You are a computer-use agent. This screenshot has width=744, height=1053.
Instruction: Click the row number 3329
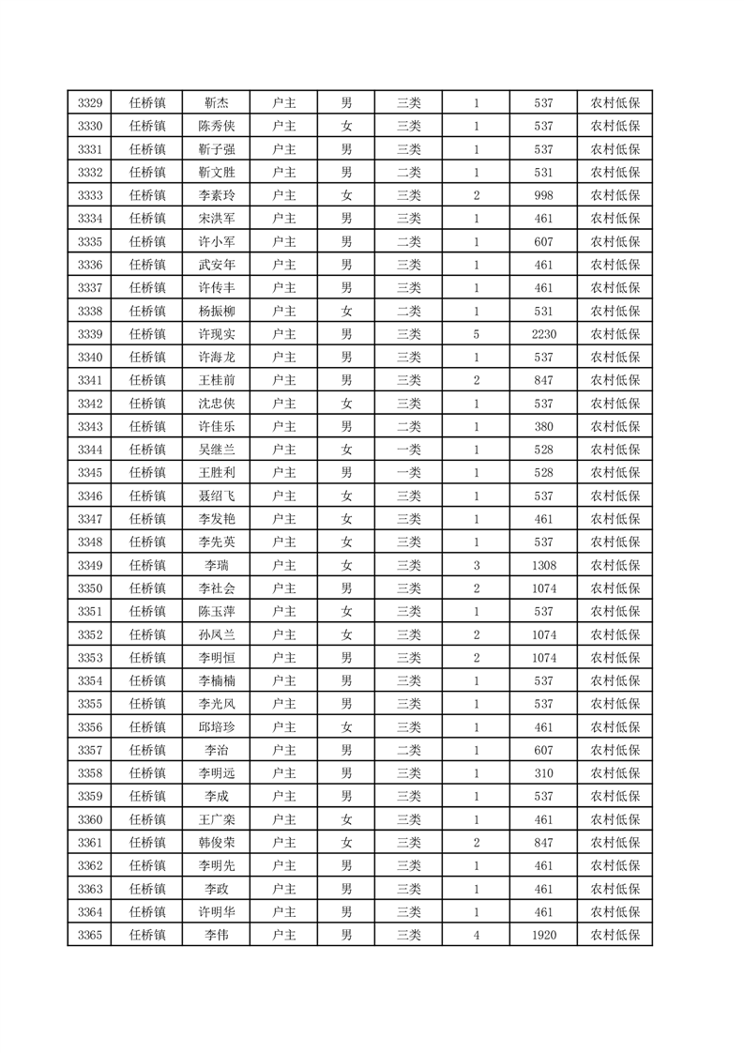pos(90,103)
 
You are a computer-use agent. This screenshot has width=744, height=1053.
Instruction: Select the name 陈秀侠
pos(216,127)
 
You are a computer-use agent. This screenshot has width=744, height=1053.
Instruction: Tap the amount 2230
pos(543,334)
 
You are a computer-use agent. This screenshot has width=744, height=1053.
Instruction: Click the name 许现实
pos(216,334)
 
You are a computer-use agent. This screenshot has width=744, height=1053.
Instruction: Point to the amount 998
pos(543,196)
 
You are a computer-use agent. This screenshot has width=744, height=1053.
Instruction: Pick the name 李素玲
pos(216,196)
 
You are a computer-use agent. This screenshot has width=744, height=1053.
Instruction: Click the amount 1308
pos(543,565)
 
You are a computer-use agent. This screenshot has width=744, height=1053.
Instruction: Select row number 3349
pos(90,565)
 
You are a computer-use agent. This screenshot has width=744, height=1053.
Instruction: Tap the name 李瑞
pos(216,565)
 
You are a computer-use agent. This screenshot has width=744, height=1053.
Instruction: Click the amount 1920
pos(543,935)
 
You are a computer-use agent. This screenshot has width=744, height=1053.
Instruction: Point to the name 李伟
pos(216,935)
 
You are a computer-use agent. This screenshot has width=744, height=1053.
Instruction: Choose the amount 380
pos(543,427)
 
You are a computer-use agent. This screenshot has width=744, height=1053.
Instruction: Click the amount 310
pos(543,773)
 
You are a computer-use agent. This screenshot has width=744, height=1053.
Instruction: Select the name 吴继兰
pos(216,450)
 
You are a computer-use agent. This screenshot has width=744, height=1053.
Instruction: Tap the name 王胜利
pos(216,473)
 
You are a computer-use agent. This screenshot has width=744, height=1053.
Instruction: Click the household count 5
pos(477,334)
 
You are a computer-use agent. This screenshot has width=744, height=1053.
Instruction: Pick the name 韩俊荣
pos(216,843)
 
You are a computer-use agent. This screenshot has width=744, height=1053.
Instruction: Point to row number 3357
pos(90,750)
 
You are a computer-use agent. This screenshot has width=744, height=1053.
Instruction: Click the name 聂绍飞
pos(216,496)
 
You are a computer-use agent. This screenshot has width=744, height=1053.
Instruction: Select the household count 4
pos(477,935)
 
